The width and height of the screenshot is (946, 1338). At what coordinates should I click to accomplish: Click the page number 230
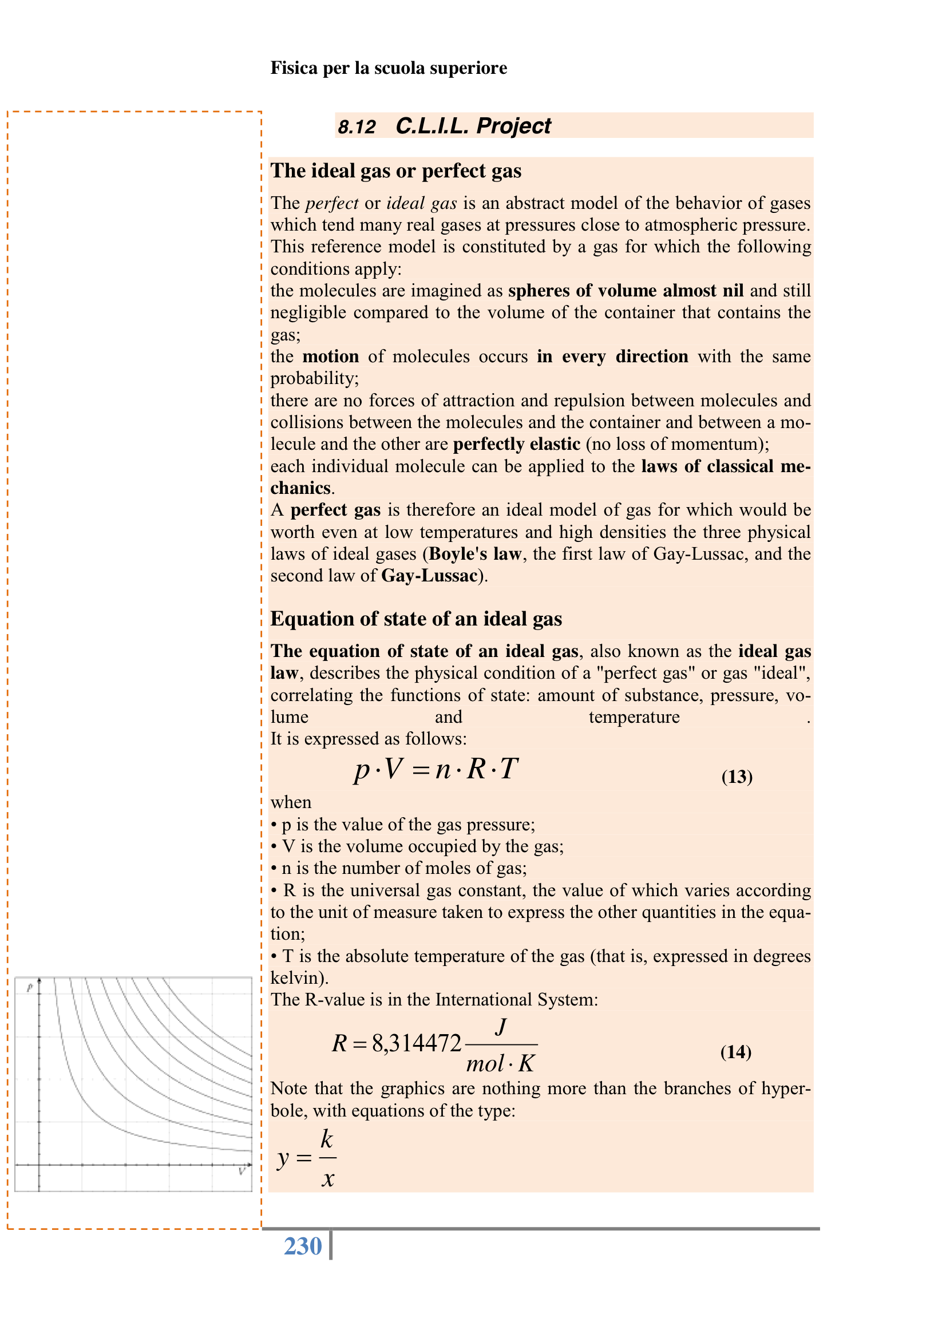303,1246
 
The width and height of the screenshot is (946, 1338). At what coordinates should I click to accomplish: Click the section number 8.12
357,126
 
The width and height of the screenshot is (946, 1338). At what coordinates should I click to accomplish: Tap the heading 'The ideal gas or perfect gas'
396,171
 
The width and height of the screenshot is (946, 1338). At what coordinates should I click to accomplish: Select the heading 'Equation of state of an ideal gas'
415,618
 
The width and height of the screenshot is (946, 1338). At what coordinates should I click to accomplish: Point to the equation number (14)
735,1051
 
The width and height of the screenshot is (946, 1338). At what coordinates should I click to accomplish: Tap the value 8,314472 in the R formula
416,1043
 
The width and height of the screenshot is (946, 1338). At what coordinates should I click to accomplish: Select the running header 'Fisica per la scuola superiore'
388,68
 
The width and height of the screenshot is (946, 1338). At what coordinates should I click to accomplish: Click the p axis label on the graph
30,987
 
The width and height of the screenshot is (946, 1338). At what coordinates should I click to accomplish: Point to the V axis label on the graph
242,1171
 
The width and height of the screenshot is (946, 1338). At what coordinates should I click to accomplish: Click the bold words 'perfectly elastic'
516,444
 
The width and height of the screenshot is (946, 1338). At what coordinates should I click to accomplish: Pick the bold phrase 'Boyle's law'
474,553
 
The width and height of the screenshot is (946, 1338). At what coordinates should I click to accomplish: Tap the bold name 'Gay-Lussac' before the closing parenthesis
429,576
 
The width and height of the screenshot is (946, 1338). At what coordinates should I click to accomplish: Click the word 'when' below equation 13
291,802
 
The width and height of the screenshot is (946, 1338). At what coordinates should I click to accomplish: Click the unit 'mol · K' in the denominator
500,1063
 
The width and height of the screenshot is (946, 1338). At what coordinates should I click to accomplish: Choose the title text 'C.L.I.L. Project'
473,126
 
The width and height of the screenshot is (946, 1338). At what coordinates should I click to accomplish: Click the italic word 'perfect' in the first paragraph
332,203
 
